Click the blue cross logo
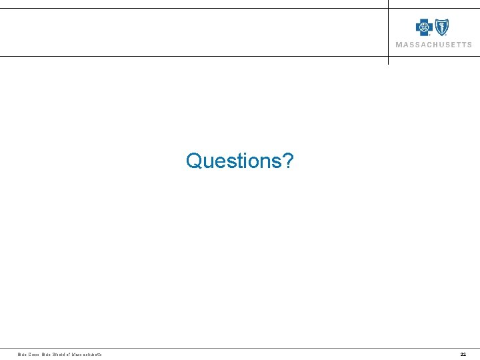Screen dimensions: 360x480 (424, 27)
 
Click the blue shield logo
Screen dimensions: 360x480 (441, 27)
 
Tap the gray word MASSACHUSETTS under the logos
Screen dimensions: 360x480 (433, 45)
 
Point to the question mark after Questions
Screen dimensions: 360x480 (287, 161)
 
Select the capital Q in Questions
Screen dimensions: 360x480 (195, 161)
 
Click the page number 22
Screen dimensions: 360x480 (463, 354)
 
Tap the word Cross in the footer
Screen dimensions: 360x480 (35, 354)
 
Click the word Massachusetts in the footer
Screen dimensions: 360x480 (87, 354)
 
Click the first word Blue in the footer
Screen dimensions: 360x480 (22, 354)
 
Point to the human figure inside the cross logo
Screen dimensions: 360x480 (424, 27)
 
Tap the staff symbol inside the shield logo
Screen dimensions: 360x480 (441, 27)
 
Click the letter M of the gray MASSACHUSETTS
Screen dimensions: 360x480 (399, 45)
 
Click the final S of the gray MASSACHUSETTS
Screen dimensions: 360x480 (469, 45)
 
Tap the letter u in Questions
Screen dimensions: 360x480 (209, 162)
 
